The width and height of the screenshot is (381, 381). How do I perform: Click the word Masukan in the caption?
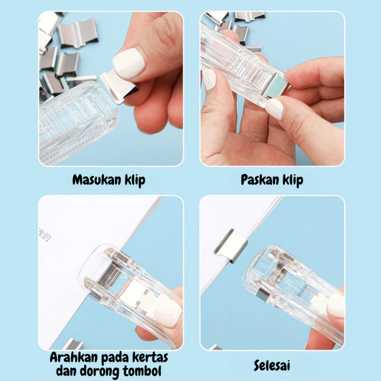(93, 181)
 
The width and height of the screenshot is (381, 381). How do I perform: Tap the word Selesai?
(272, 365)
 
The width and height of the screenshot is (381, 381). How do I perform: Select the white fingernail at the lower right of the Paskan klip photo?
(274, 108)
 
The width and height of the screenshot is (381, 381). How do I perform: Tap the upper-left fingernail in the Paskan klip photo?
(209, 79)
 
